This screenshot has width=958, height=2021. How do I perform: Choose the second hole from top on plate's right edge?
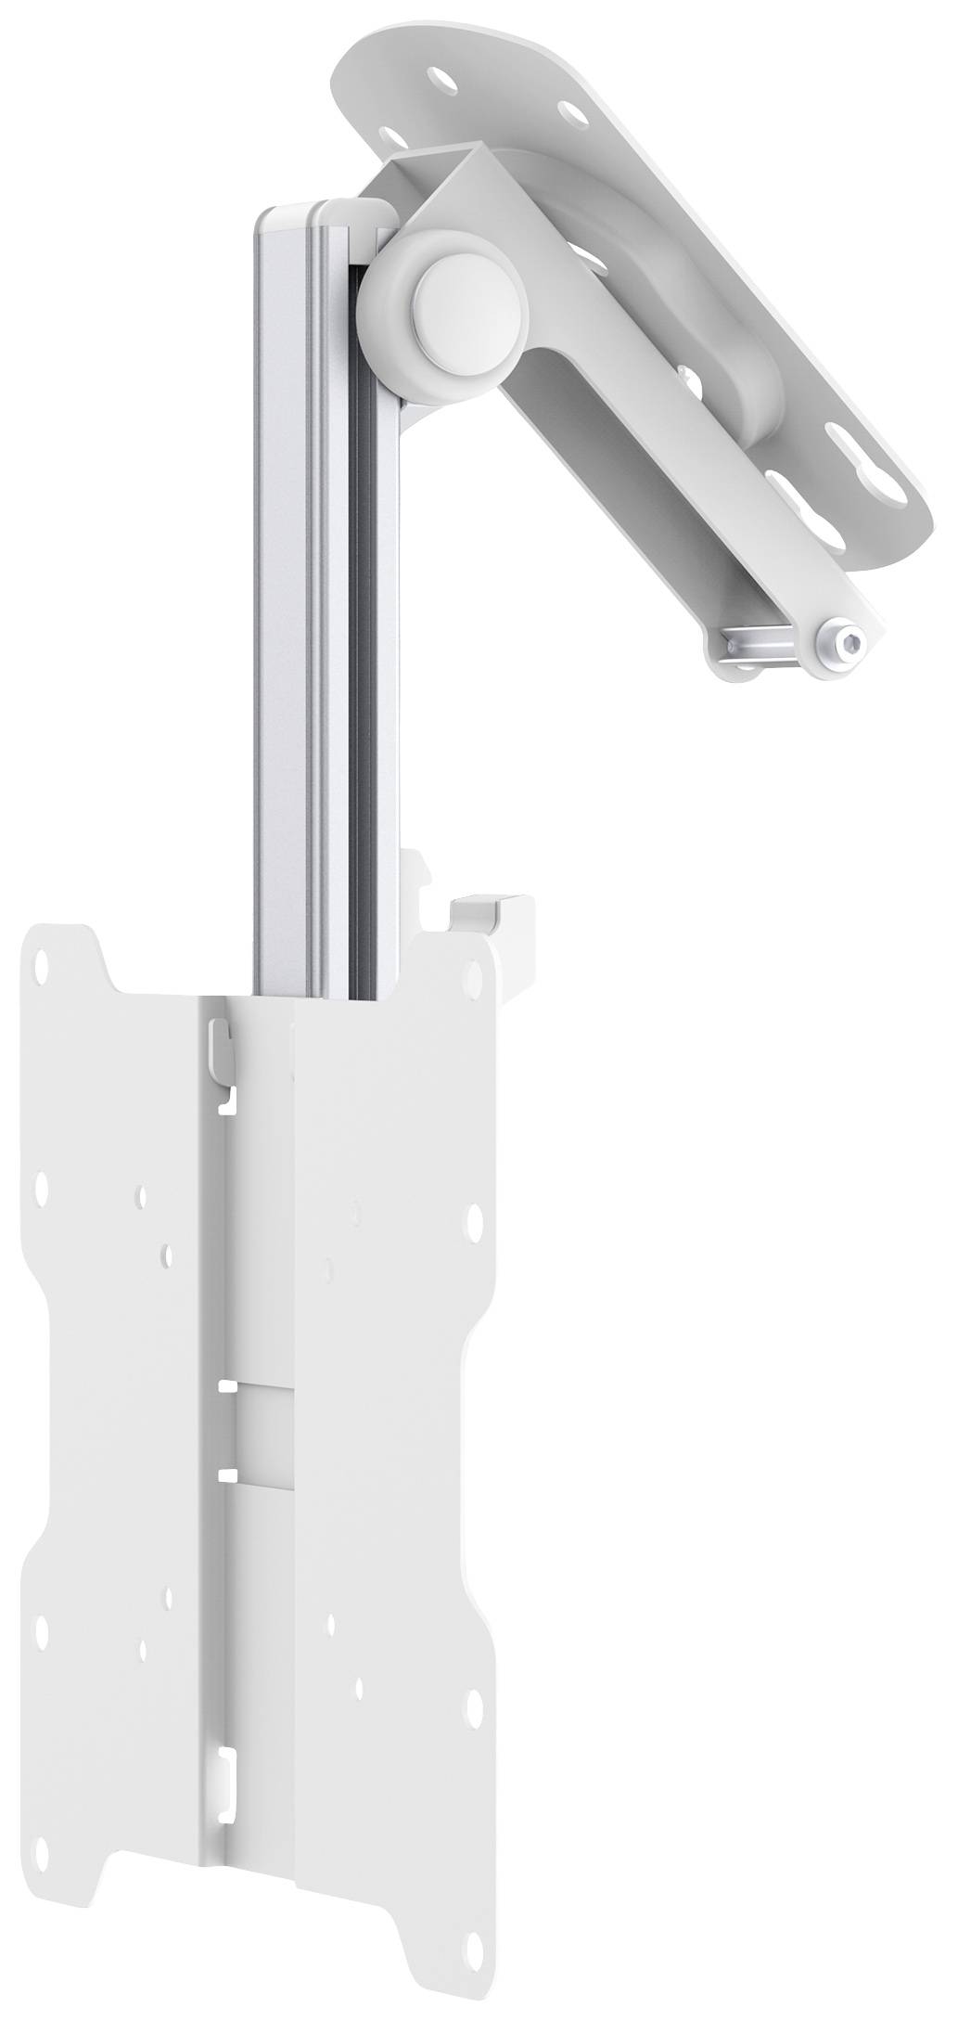475,1215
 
